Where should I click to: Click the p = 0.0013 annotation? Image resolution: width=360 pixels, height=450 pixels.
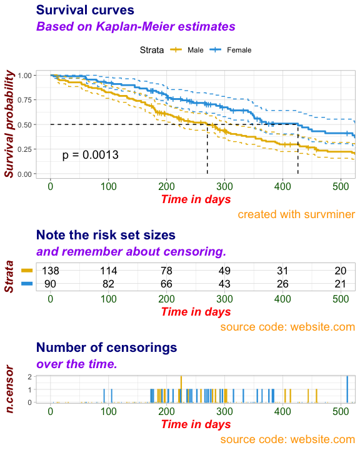click(90, 155)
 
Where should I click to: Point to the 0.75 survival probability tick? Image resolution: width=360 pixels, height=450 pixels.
click(24, 100)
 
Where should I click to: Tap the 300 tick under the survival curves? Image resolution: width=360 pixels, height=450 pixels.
click(224, 186)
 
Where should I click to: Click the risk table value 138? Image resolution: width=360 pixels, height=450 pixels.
click(51, 271)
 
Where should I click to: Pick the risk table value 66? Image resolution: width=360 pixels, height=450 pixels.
click(166, 284)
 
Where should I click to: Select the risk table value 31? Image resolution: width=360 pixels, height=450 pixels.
click(282, 271)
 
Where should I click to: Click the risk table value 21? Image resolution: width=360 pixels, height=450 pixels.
click(341, 284)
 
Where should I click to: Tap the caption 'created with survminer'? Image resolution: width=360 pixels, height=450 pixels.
click(296, 214)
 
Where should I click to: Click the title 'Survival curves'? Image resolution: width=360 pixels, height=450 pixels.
click(85, 10)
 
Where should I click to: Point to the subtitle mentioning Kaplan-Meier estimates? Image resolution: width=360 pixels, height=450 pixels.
click(136, 26)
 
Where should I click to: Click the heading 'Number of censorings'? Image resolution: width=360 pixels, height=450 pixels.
click(106, 347)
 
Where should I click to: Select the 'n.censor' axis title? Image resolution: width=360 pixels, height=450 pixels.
click(9, 389)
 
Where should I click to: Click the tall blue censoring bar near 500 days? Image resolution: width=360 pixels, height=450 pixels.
click(347, 389)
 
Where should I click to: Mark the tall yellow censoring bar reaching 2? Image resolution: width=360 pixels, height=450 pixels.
click(181, 389)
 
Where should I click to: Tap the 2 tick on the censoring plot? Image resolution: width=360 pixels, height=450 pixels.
click(29, 376)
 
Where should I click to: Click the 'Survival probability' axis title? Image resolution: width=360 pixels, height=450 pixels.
click(9, 124)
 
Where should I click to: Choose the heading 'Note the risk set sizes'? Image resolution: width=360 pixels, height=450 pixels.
click(106, 235)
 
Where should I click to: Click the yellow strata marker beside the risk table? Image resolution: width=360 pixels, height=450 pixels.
click(27, 271)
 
